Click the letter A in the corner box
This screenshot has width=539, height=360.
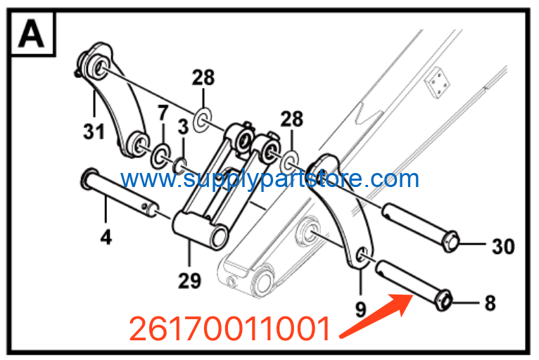(31, 34)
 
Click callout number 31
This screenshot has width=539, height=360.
(94, 131)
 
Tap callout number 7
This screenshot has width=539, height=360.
(163, 113)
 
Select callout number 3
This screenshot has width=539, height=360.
(183, 127)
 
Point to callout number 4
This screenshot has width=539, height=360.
(106, 237)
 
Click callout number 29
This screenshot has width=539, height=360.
(189, 281)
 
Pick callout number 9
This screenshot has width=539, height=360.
(360, 309)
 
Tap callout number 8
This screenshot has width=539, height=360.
(490, 303)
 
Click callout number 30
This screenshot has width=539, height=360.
(503, 246)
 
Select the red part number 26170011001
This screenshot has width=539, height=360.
(229, 328)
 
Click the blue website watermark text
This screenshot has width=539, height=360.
(269, 179)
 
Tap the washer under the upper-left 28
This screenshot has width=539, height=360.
(202, 120)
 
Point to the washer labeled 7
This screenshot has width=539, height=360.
(160, 156)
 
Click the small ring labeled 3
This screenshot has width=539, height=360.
(180, 166)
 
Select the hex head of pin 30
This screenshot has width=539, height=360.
(451, 242)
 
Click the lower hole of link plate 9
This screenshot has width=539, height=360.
(362, 255)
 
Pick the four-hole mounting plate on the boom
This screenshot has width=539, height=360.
(437, 83)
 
